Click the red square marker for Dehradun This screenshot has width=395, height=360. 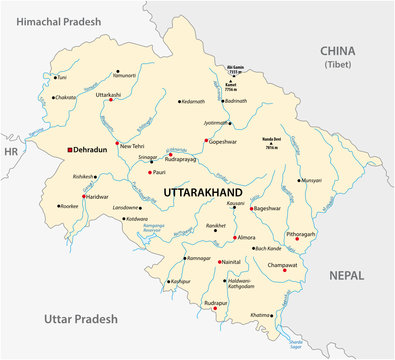pos(70,150)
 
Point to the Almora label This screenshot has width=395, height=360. pos(246,238)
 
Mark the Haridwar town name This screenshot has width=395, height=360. pos(97,196)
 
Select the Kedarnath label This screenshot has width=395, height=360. pos(193,101)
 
